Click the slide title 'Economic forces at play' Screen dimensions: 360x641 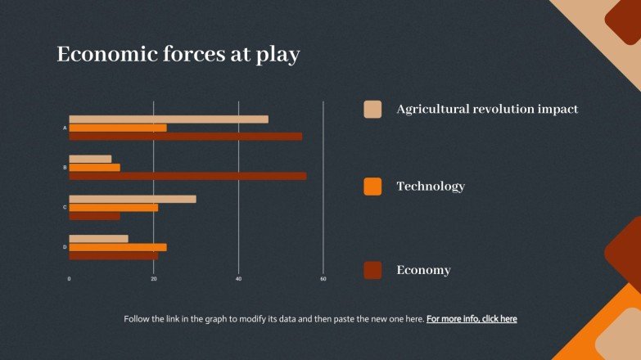(178, 55)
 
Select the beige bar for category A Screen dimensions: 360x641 (168, 119)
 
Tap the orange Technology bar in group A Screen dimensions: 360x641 (117, 128)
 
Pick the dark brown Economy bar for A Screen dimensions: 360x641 (185, 136)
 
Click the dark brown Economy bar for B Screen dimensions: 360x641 (187, 176)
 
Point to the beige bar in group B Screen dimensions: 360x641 (90, 159)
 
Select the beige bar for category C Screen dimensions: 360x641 (132, 199)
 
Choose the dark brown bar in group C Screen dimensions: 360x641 (94, 216)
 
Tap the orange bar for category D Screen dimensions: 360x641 (117, 247)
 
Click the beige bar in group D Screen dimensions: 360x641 (98, 239)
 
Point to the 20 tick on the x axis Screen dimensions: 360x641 (154, 280)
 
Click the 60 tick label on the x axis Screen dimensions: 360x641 (323, 280)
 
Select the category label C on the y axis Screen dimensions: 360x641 (65, 207)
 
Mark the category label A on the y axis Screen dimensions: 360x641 (65, 128)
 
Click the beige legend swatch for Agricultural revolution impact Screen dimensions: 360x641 (372, 109)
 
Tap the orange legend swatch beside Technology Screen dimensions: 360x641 (372, 187)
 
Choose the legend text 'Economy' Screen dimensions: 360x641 (423, 270)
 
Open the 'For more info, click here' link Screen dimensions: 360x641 (472, 319)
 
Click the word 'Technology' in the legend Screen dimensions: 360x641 (431, 187)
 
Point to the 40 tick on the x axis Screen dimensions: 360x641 (239, 280)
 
